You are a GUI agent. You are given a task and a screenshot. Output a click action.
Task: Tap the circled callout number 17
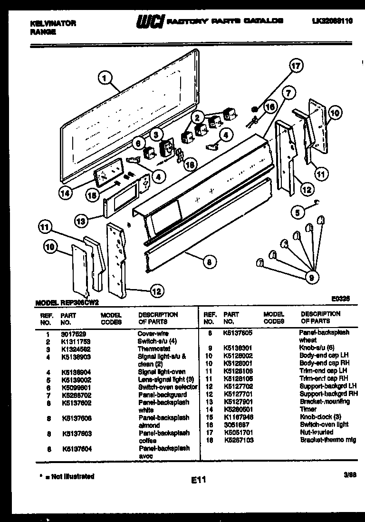pyautogui.click(x=296, y=66)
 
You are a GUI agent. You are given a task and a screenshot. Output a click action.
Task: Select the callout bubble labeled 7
pyautogui.click(x=288, y=94)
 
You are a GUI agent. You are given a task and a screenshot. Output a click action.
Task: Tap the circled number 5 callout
pyautogui.click(x=298, y=212)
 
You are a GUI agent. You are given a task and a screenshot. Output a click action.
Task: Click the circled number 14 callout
pyautogui.click(x=67, y=193)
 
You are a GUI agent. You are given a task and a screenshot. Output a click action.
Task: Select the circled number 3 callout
pyautogui.click(x=155, y=134)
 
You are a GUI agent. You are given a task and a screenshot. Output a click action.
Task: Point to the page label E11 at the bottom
pyautogui.click(x=198, y=481)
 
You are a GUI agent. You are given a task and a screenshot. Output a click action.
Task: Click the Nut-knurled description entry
pyautogui.click(x=317, y=432)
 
